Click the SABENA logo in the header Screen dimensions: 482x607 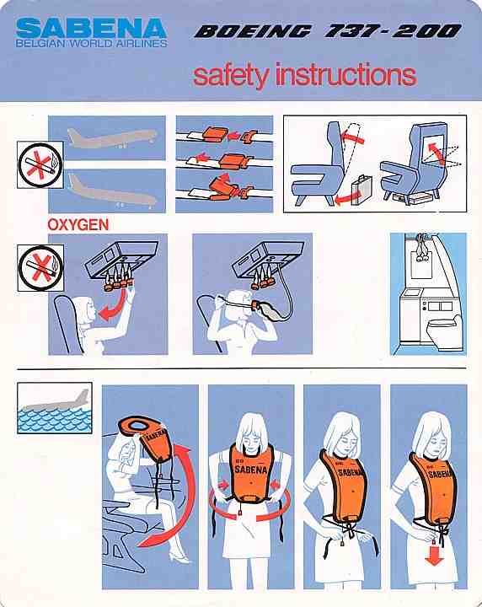91,29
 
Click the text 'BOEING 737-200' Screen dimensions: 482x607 328,31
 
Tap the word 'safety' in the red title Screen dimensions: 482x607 231,75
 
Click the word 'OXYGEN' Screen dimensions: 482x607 78,224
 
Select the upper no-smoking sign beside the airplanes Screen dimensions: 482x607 40,165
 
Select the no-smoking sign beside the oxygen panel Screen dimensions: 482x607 40,268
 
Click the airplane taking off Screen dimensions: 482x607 112,137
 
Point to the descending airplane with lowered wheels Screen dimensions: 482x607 112,191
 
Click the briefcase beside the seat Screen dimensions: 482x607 362,190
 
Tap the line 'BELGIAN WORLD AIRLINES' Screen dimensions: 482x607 91,43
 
